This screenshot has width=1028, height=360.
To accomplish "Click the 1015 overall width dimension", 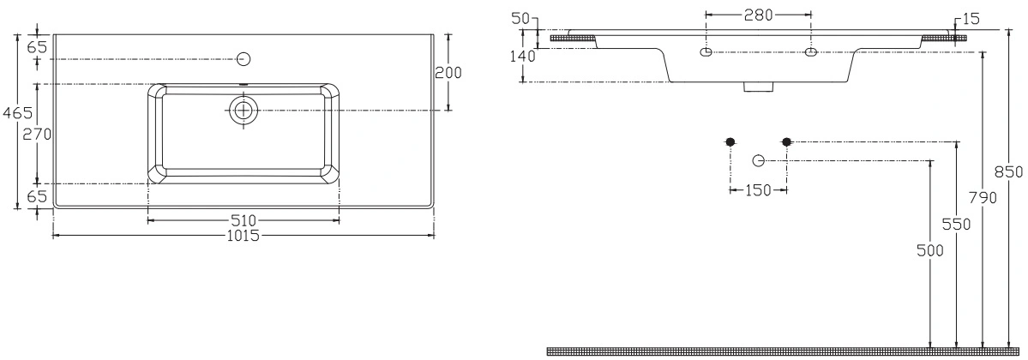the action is pyautogui.click(x=243, y=235).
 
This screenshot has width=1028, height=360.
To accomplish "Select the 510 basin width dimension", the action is pyautogui.click(x=243, y=220).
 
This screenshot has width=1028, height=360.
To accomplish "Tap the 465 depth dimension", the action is pyautogui.click(x=16, y=113).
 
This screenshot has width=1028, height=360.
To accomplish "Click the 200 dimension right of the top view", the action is pyautogui.click(x=448, y=72).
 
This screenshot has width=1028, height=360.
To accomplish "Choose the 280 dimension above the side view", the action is pyautogui.click(x=758, y=15).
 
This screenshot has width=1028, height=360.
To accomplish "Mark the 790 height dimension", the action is pyautogui.click(x=982, y=197).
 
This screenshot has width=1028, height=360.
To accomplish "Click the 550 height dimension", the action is pyautogui.click(x=957, y=225).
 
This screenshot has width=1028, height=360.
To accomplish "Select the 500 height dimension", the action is pyautogui.click(x=931, y=249).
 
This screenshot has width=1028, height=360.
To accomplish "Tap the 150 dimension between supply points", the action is pyautogui.click(x=759, y=190).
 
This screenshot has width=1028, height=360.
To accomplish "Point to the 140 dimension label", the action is pyautogui.click(x=524, y=57).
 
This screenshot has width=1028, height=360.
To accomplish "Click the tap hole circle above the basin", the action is pyautogui.click(x=243, y=59).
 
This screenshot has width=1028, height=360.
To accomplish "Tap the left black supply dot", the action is pyautogui.click(x=730, y=141).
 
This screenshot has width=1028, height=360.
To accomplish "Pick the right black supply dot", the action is pyautogui.click(x=787, y=141).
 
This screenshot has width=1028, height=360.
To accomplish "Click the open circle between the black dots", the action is pyautogui.click(x=759, y=160).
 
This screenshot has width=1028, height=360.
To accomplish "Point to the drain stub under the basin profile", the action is pyautogui.click(x=759, y=87).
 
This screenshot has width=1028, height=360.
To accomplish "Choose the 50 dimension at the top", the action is pyautogui.click(x=520, y=18).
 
